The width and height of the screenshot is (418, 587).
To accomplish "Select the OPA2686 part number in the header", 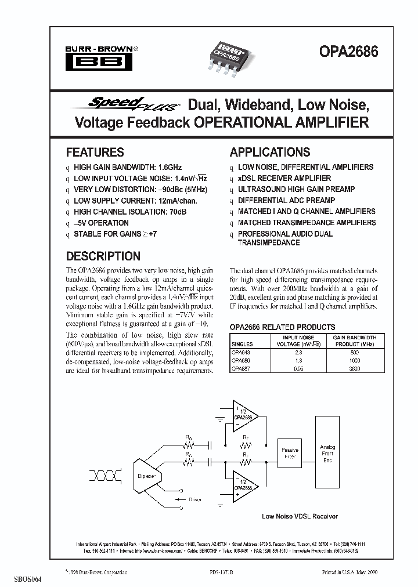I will point(348,52).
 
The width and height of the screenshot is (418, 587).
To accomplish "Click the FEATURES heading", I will point(95,153).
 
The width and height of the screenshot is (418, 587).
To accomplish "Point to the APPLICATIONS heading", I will point(270,153).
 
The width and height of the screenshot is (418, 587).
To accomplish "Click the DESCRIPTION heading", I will point(103,256).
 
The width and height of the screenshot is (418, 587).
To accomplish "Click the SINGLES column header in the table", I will point(242,345).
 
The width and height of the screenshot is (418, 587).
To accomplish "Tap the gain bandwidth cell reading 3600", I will point(355,368).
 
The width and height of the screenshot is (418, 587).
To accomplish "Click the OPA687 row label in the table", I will point(242,368).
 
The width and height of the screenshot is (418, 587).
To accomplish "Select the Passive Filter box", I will point(290,453).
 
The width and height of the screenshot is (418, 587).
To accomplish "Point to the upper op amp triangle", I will point(244,416).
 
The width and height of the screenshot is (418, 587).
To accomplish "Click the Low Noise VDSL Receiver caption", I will point(300,516).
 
